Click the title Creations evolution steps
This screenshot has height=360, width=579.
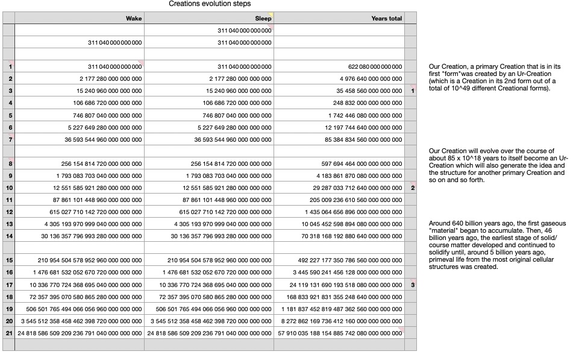click(x=210, y=4)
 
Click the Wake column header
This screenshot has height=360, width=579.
click(x=134, y=19)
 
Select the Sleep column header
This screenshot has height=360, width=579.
click(x=263, y=19)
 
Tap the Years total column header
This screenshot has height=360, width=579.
click(x=387, y=19)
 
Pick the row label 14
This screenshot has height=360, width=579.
click(x=10, y=236)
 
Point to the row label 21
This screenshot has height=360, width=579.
click(x=10, y=333)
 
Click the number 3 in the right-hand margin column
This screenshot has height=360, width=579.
click(x=413, y=285)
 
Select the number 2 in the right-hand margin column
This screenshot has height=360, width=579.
click(x=413, y=188)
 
